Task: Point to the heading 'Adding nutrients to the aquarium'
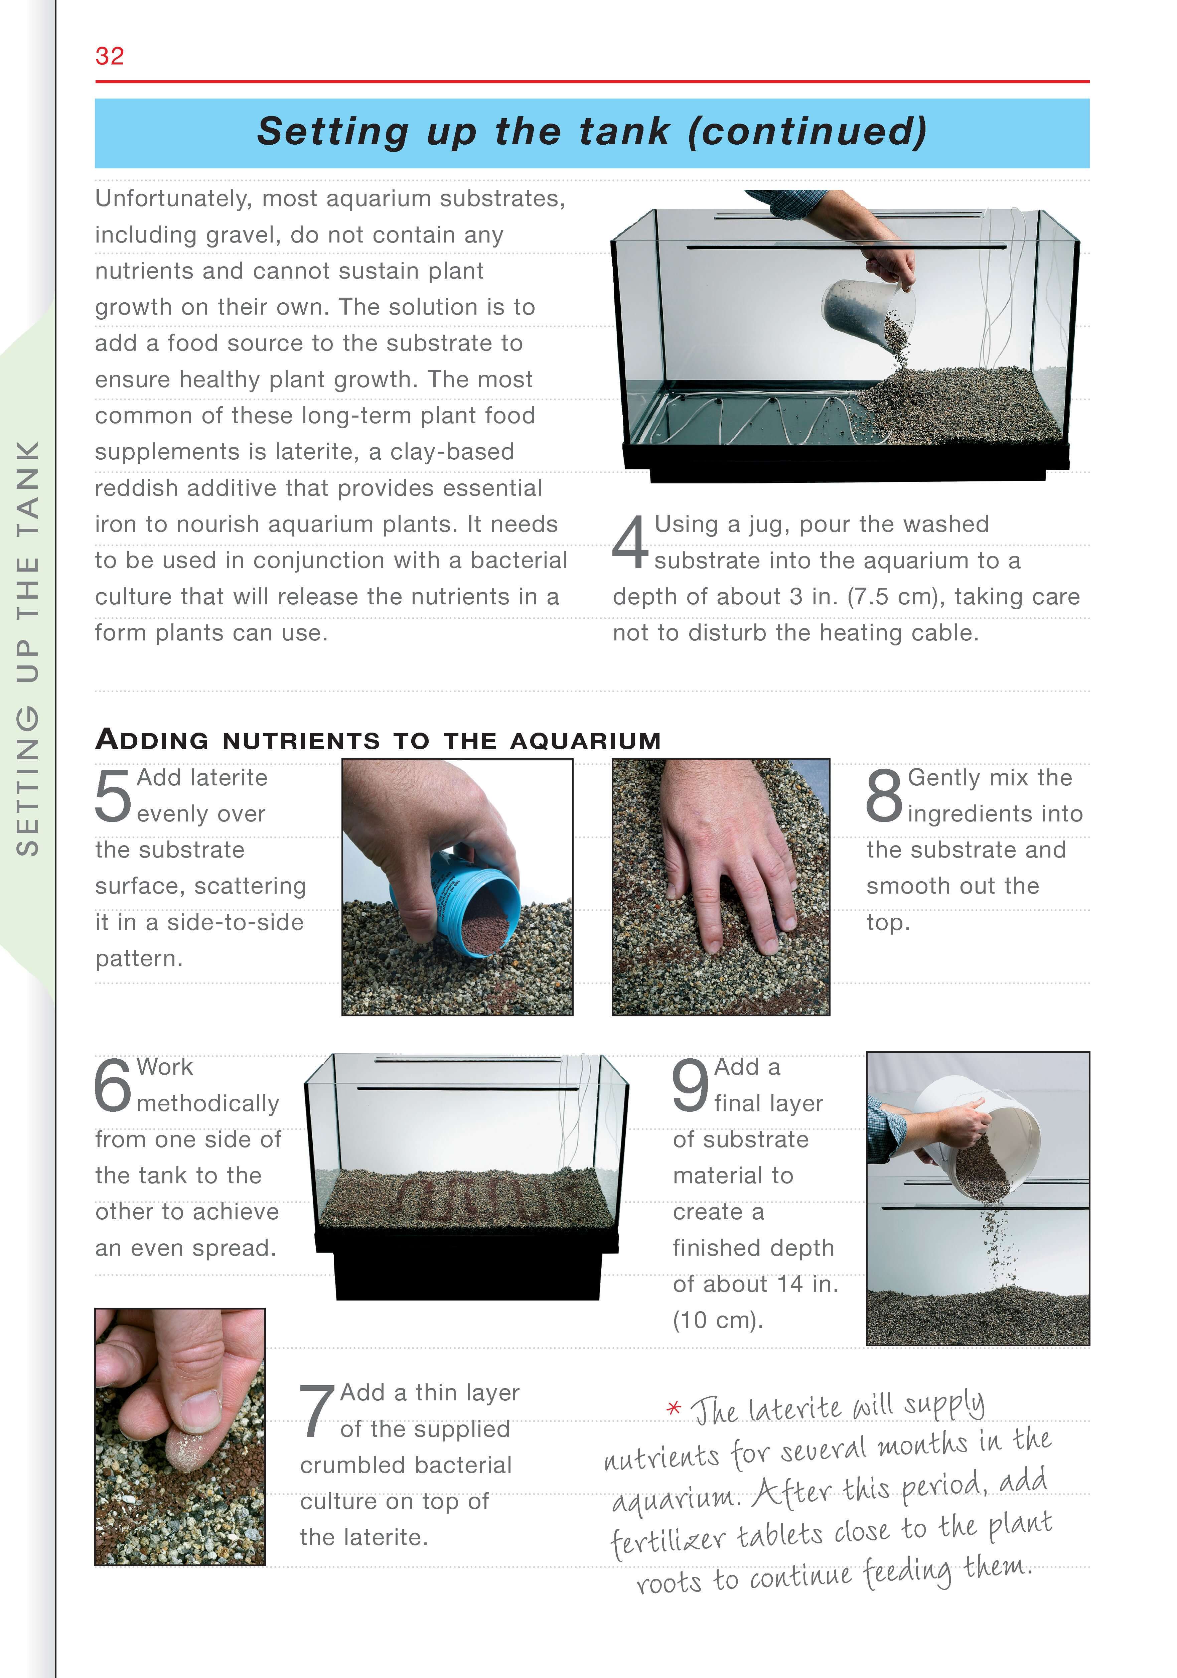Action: [x=378, y=740]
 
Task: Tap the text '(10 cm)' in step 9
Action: [x=717, y=1320]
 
